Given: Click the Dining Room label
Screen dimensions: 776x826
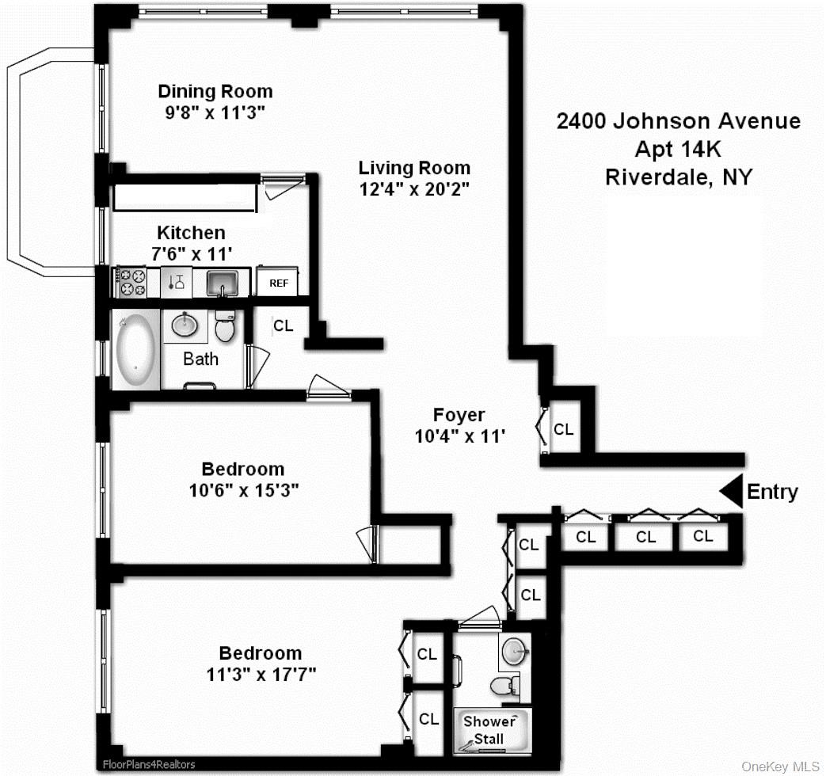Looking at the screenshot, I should tap(215, 91).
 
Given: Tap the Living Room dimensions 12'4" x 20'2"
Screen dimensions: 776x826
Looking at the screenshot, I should tap(414, 190).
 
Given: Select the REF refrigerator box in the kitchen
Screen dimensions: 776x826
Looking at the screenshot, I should tap(278, 283).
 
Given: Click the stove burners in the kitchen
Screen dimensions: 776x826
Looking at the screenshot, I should tap(131, 283).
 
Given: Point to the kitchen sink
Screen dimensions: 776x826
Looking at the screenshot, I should tap(223, 283).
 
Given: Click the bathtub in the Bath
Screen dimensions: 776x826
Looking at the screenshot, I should tap(135, 351).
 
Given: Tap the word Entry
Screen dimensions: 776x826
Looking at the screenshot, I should tap(772, 492).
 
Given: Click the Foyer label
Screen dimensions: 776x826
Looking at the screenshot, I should tap(459, 414).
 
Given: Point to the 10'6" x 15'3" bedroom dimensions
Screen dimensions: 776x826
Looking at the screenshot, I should tap(242, 489).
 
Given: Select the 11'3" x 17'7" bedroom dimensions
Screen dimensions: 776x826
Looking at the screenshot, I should tap(261, 674).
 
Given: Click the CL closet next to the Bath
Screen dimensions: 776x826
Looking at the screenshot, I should tap(283, 325).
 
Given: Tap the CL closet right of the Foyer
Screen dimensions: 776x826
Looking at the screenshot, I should tap(563, 429).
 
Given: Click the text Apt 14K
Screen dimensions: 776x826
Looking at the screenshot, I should tap(678, 149).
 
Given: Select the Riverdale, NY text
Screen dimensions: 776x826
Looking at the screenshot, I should tap(678, 177).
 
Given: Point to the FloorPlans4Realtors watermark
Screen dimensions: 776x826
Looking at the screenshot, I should tap(148, 765).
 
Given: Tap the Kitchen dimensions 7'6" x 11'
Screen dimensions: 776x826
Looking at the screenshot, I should tap(191, 253).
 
